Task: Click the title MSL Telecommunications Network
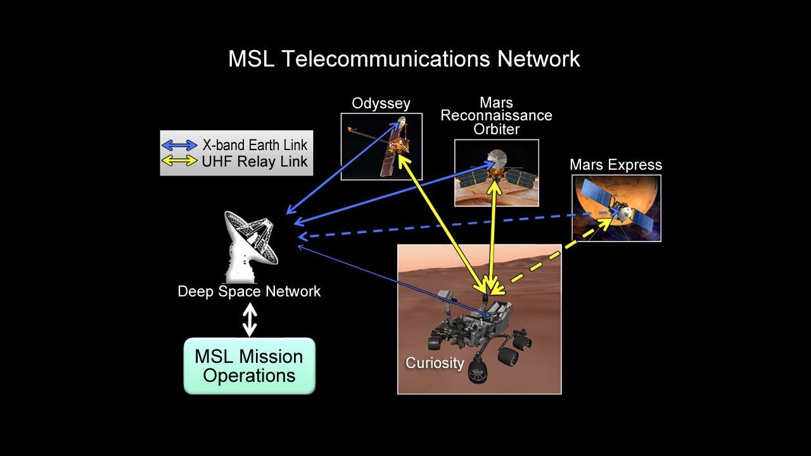[404, 59]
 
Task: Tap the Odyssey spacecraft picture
[381, 146]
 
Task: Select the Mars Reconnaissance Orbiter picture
[496, 173]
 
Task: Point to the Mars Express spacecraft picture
[616, 208]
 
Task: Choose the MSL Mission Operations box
[249, 366]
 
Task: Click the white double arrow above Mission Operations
[250, 320]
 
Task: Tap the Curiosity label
[435, 363]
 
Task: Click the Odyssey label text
[381, 103]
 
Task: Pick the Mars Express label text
[615, 165]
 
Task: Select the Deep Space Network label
[249, 291]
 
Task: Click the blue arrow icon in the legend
[181, 145]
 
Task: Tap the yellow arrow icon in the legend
[181, 161]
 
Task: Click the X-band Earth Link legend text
[255, 145]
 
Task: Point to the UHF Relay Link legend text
[255, 161]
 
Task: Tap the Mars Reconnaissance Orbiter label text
[496, 116]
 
